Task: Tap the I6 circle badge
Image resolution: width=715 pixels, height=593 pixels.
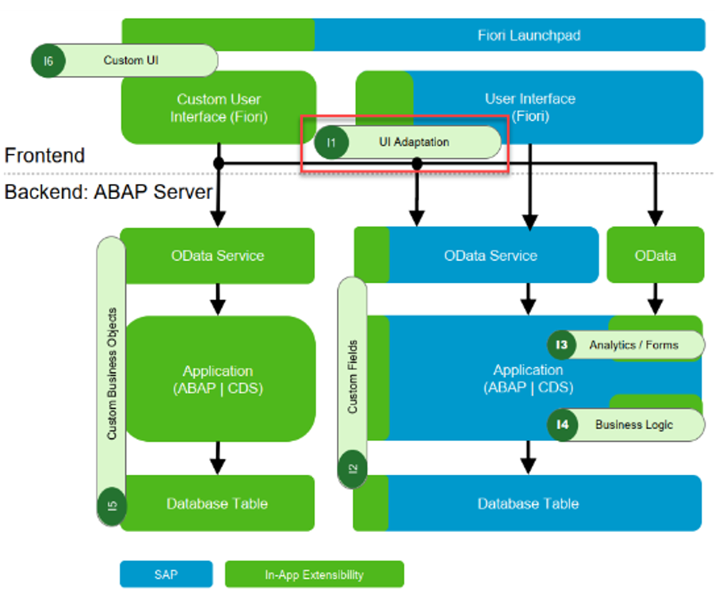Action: (48, 61)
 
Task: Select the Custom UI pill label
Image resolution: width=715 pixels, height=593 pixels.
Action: (131, 60)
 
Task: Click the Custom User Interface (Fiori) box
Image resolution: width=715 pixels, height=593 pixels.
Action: (218, 108)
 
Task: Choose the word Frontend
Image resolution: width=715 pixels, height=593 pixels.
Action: (45, 155)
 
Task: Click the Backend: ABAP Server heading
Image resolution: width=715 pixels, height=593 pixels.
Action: (109, 193)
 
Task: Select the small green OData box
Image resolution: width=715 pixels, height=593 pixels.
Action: (655, 255)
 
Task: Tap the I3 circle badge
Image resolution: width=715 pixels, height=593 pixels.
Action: (562, 345)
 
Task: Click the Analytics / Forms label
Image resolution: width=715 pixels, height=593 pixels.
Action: (633, 345)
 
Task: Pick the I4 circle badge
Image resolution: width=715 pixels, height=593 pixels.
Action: (562, 424)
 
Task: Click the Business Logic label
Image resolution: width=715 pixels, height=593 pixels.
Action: (634, 424)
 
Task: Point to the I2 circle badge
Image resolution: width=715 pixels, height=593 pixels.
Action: (353, 468)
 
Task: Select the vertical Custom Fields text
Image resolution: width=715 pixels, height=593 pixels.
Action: (353, 377)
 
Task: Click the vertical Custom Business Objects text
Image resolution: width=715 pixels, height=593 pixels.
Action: (112, 373)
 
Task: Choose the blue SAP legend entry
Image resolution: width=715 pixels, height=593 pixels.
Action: (166, 574)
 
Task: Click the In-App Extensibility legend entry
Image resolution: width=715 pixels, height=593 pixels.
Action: (314, 574)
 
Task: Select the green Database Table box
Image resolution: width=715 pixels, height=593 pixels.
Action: (217, 503)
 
